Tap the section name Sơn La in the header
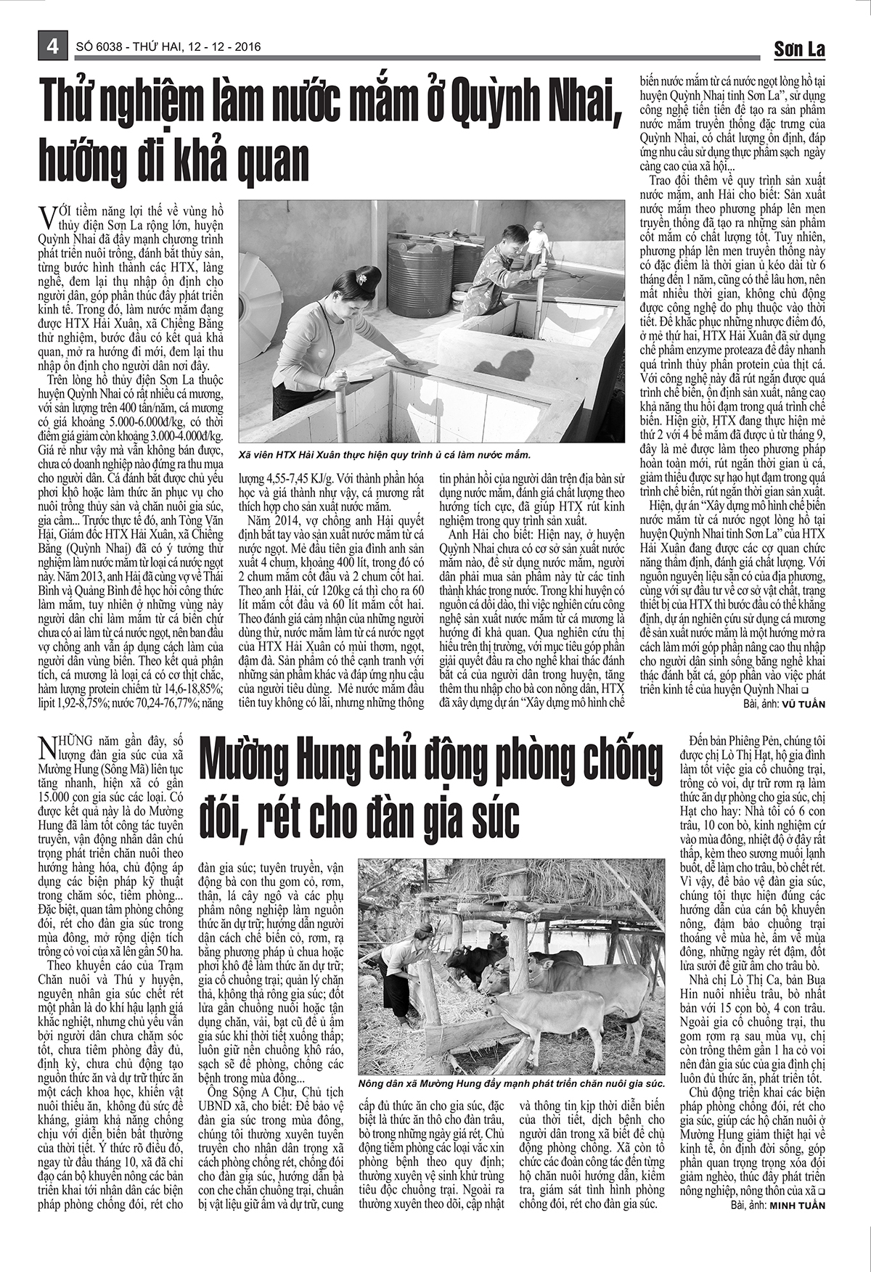pos(799,49)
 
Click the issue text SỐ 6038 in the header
pos(99,47)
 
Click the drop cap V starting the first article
pos(47,216)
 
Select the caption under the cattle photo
pos(511,1083)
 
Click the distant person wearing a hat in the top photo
pos(536,239)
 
